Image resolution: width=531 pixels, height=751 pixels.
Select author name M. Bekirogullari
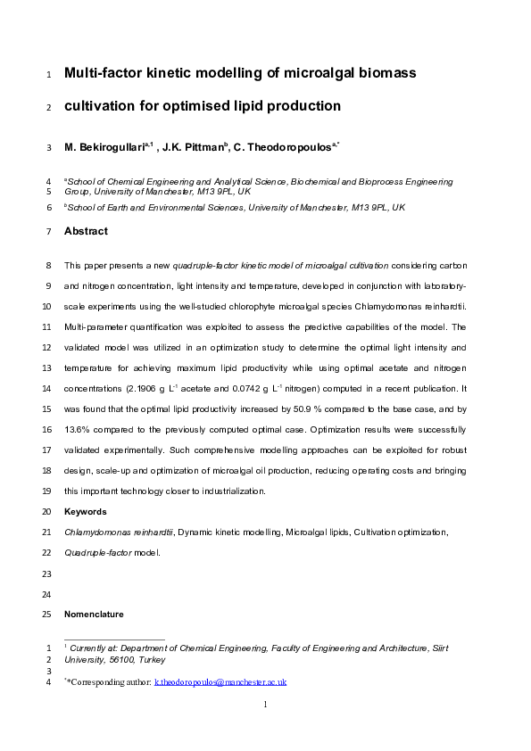coord(107,146)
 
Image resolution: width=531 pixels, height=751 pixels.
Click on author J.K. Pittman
coord(195,146)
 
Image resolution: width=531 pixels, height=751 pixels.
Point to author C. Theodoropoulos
coord(284,146)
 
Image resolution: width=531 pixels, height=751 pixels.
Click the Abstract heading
coord(86,231)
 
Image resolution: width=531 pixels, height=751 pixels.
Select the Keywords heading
coord(86,512)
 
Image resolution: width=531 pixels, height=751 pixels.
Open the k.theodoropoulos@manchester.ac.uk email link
coord(220,681)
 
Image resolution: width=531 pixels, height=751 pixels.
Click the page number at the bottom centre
coord(265,705)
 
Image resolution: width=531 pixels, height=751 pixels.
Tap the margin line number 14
coord(47,390)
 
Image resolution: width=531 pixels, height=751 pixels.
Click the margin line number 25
coord(47,615)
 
